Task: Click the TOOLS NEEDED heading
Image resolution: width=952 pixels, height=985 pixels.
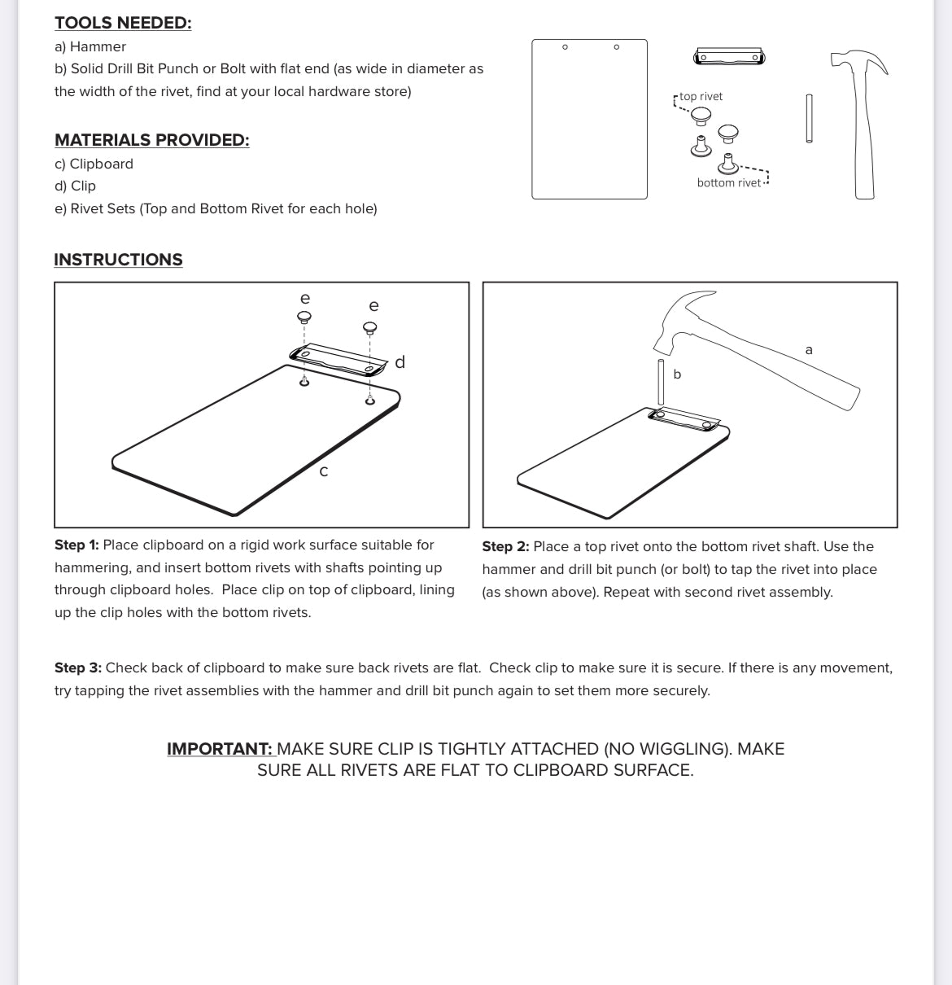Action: (x=123, y=23)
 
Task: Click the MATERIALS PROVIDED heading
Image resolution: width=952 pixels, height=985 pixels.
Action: (x=151, y=140)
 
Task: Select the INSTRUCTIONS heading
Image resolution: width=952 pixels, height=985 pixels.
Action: (x=118, y=260)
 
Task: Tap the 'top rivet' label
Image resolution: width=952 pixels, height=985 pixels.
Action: (x=701, y=96)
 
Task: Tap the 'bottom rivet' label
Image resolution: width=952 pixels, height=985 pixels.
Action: (x=728, y=182)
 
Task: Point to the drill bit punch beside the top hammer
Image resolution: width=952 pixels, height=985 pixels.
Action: (x=809, y=119)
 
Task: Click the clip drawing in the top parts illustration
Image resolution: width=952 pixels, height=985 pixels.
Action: (x=728, y=57)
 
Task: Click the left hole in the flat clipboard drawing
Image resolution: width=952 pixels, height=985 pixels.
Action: (x=565, y=47)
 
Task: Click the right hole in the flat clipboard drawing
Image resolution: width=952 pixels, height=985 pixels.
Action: (x=616, y=47)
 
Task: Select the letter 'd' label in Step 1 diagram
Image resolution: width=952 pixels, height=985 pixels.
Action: (x=400, y=362)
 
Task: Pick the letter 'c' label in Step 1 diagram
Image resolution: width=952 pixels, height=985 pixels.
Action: (x=324, y=471)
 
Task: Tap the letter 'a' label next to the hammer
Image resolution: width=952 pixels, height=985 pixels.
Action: (x=809, y=350)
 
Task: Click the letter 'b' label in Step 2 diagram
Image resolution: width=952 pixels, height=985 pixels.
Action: (x=677, y=374)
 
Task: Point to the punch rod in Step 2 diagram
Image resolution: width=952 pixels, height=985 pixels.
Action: (x=662, y=381)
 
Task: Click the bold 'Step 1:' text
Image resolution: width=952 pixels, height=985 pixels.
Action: (x=76, y=545)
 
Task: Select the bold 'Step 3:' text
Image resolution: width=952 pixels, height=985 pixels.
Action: (x=77, y=668)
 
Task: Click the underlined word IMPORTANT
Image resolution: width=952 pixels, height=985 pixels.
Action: (x=220, y=749)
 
